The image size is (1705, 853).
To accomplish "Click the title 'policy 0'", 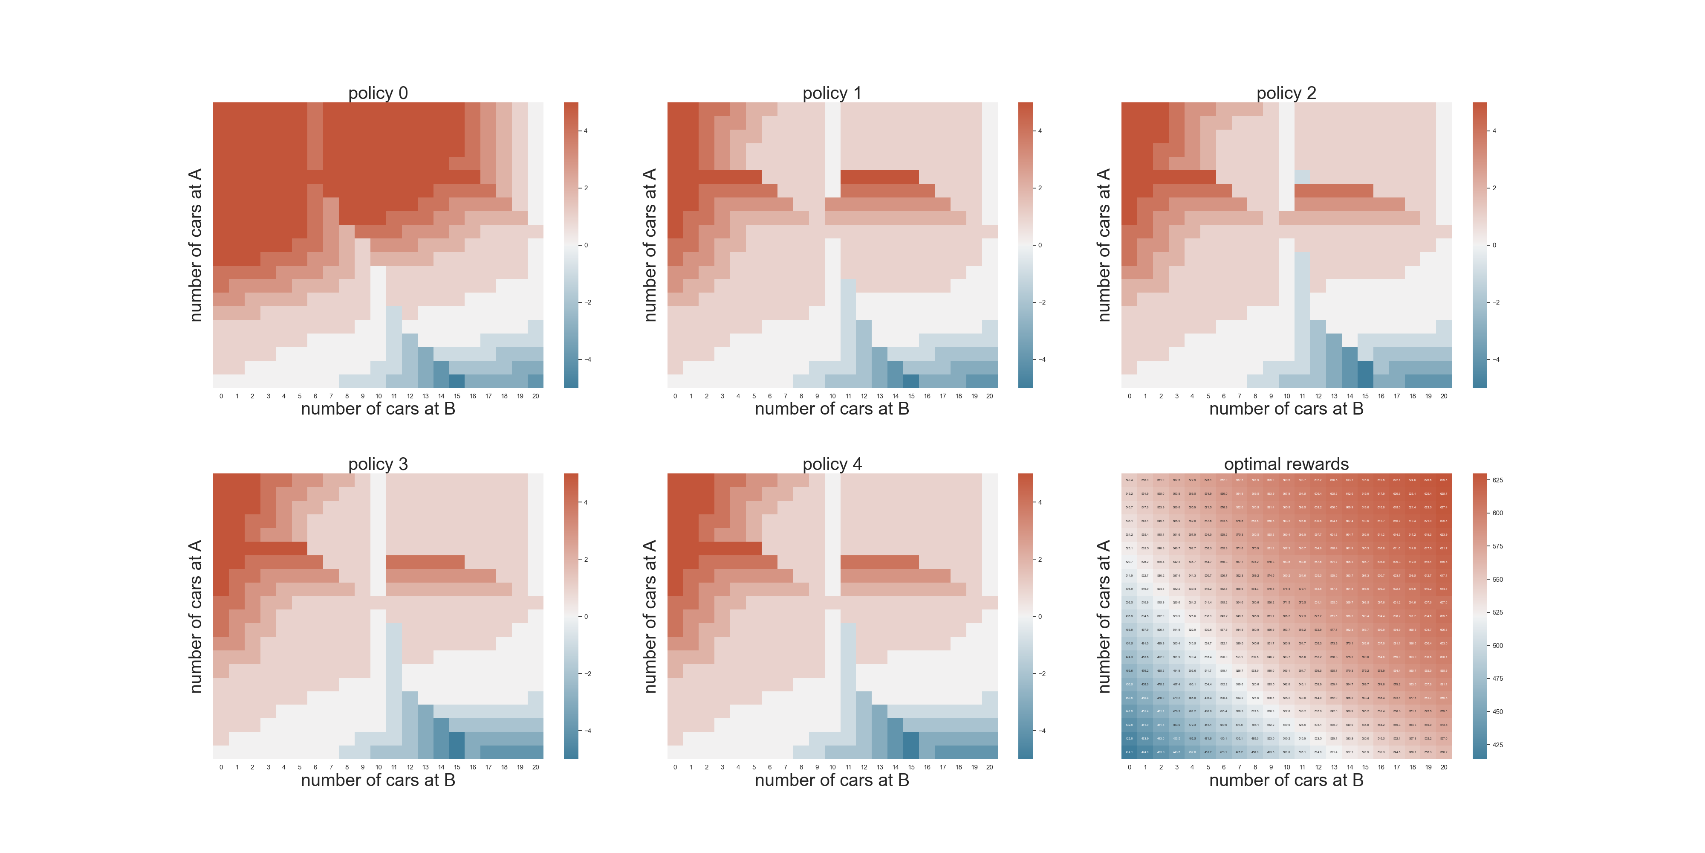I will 378,93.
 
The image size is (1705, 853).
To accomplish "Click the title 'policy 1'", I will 832,93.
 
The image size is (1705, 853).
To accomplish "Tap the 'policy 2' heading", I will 1286,93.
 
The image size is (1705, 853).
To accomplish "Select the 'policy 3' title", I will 378,464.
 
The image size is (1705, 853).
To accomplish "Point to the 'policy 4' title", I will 832,464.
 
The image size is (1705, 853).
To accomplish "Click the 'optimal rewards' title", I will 1286,464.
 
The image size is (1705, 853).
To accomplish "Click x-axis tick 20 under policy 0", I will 535,396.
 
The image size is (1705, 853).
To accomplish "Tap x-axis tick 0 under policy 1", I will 675,396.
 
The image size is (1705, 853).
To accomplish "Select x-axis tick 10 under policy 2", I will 1287,396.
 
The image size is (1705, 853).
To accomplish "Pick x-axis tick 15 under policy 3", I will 457,767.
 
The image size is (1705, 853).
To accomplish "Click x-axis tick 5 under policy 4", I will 754,767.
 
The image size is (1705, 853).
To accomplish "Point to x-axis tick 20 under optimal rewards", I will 1444,767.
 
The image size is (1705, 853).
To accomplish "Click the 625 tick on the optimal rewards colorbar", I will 1497,480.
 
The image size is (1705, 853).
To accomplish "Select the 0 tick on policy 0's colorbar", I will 586,245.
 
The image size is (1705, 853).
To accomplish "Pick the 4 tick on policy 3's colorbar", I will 586,502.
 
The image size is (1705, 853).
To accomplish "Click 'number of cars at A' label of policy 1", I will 650,245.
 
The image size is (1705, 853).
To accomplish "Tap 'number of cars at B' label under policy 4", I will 832,780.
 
